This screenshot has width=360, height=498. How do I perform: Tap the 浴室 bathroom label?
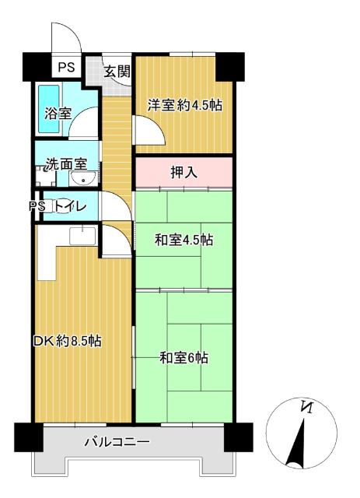click(x=57, y=113)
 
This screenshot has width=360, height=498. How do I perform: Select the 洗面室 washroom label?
click(x=71, y=164)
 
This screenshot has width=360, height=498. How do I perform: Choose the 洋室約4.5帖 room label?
click(x=185, y=104)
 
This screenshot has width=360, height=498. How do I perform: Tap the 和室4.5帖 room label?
click(x=184, y=240)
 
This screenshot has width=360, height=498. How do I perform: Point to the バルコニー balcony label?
click(x=117, y=443)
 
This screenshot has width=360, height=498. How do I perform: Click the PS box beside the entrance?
click(x=65, y=67)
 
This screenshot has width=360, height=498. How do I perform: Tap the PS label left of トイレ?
click(x=35, y=206)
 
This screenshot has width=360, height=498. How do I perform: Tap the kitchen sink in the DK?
click(x=82, y=235)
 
